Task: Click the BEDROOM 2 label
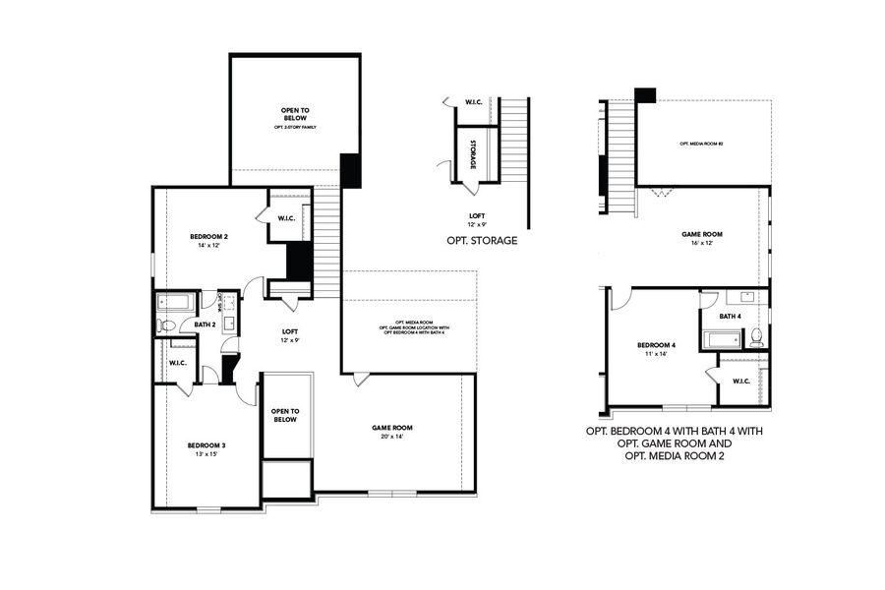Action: tap(208, 237)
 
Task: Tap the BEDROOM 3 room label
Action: tap(207, 445)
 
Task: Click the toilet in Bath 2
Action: tap(167, 324)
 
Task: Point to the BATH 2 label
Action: tap(204, 324)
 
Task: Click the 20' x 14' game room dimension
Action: tap(391, 438)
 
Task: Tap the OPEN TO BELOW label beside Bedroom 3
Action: tap(285, 415)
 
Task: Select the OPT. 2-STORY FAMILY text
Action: tap(295, 128)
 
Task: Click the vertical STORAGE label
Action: tap(473, 155)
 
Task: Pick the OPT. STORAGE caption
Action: tap(482, 240)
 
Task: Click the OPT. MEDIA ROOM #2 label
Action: tap(701, 145)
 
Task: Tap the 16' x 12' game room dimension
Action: tap(702, 244)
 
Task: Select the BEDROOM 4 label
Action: tap(656, 345)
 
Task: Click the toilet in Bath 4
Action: tap(756, 338)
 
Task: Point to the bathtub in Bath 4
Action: tap(723, 340)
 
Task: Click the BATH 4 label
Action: tap(730, 317)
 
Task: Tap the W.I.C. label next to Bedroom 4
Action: tap(741, 382)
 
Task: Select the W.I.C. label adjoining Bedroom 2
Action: tap(287, 218)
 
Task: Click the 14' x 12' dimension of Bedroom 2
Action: tap(208, 247)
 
